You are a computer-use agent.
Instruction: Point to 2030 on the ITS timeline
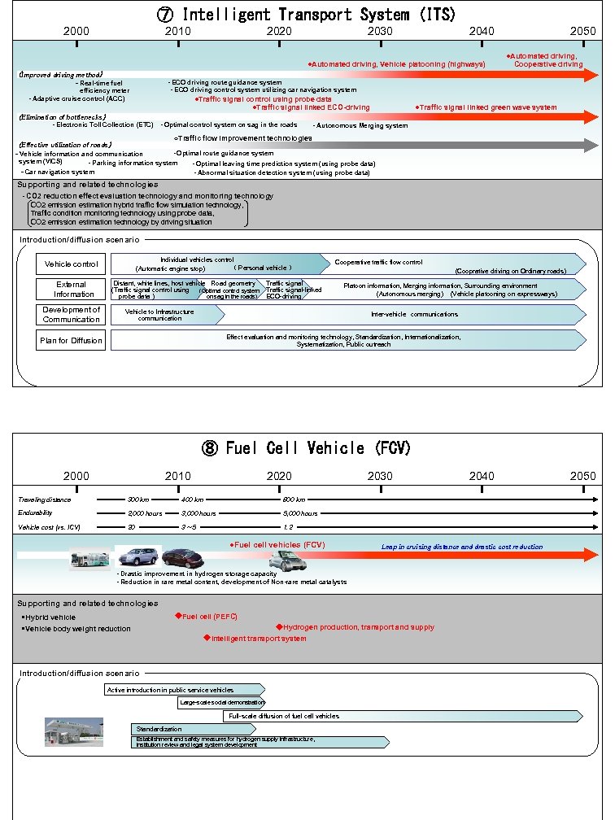(x=380, y=31)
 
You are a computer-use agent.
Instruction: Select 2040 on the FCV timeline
(x=481, y=476)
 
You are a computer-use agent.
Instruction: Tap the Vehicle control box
(x=71, y=264)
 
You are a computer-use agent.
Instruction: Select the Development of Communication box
(x=71, y=315)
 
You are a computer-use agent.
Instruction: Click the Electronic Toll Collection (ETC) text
(x=103, y=125)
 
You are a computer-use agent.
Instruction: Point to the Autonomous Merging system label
(x=360, y=126)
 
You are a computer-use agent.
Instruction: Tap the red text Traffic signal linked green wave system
(x=486, y=107)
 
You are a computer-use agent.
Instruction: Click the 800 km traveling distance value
(x=294, y=499)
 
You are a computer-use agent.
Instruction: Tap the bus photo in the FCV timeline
(x=89, y=559)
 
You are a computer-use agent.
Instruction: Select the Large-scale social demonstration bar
(x=221, y=702)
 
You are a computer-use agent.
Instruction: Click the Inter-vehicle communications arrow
(x=415, y=315)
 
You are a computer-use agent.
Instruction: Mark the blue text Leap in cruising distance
(x=461, y=547)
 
